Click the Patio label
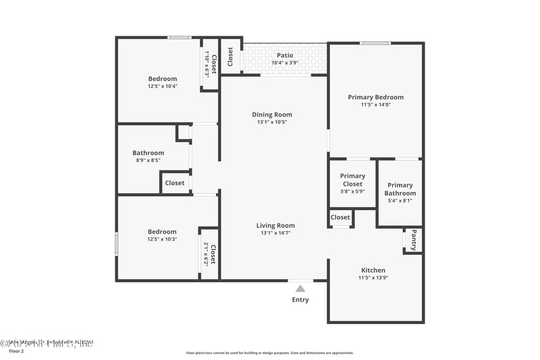285,55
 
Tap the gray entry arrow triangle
300,288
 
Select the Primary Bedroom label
375,97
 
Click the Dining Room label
272,115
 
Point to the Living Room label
275,226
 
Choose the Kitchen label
373,270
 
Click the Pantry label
413,240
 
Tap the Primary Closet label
352,180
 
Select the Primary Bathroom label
400,189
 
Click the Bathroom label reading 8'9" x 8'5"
148,153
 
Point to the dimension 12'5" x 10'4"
162,86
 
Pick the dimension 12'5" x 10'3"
162,239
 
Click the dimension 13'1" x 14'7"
275,233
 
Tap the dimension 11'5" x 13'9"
373,278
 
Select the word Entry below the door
300,300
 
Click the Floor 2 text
16,351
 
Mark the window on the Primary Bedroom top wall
375,43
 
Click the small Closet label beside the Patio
230,56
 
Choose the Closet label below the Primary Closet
340,217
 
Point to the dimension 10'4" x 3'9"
285,63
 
